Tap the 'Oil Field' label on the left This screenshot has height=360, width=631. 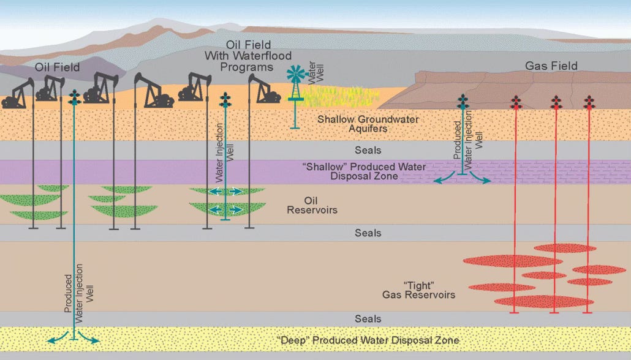(x=57, y=67)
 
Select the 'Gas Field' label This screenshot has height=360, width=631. (x=551, y=66)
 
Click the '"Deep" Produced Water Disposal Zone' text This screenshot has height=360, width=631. (x=367, y=340)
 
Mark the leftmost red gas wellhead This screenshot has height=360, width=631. (x=516, y=102)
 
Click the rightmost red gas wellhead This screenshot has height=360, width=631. (x=589, y=102)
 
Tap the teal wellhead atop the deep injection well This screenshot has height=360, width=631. (x=75, y=97)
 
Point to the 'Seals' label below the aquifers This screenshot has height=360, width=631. (x=368, y=150)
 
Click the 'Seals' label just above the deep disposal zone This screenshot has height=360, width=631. (x=368, y=319)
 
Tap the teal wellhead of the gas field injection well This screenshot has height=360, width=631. (x=463, y=102)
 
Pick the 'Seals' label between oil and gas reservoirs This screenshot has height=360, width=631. (x=368, y=233)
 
